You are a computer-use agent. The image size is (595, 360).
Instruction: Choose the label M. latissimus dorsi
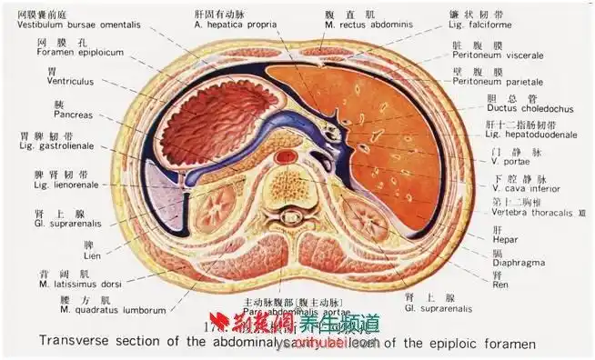pyautogui.click(x=68, y=284)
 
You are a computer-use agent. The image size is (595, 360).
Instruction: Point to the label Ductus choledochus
pyautogui.click(x=500, y=108)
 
